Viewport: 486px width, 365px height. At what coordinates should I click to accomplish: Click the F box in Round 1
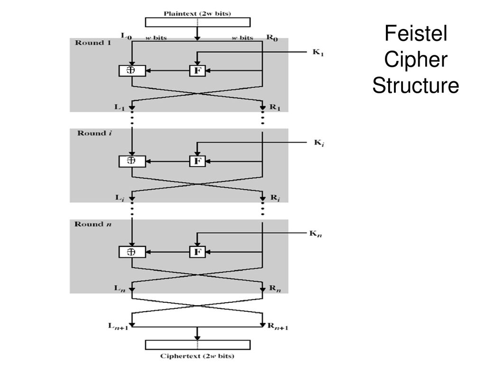pyautogui.click(x=197, y=70)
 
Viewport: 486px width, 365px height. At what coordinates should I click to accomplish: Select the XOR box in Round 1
pyautogui.click(x=131, y=70)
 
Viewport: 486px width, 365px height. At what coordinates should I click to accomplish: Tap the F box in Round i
pyautogui.click(x=197, y=161)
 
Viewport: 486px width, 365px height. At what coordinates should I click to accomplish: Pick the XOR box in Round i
pyautogui.click(x=131, y=161)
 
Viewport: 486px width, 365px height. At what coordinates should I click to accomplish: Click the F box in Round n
pyautogui.click(x=197, y=252)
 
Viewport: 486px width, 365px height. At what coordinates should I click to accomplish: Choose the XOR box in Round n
pyautogui.click(x=131, y=252)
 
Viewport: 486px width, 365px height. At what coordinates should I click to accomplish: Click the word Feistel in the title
pyautogui.click(x=415, y=34)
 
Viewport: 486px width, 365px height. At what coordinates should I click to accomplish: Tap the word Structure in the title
pyautogui.click(x=415, y=86)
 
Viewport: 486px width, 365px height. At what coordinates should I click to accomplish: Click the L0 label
pyautogui.click(x=126, y=37)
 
